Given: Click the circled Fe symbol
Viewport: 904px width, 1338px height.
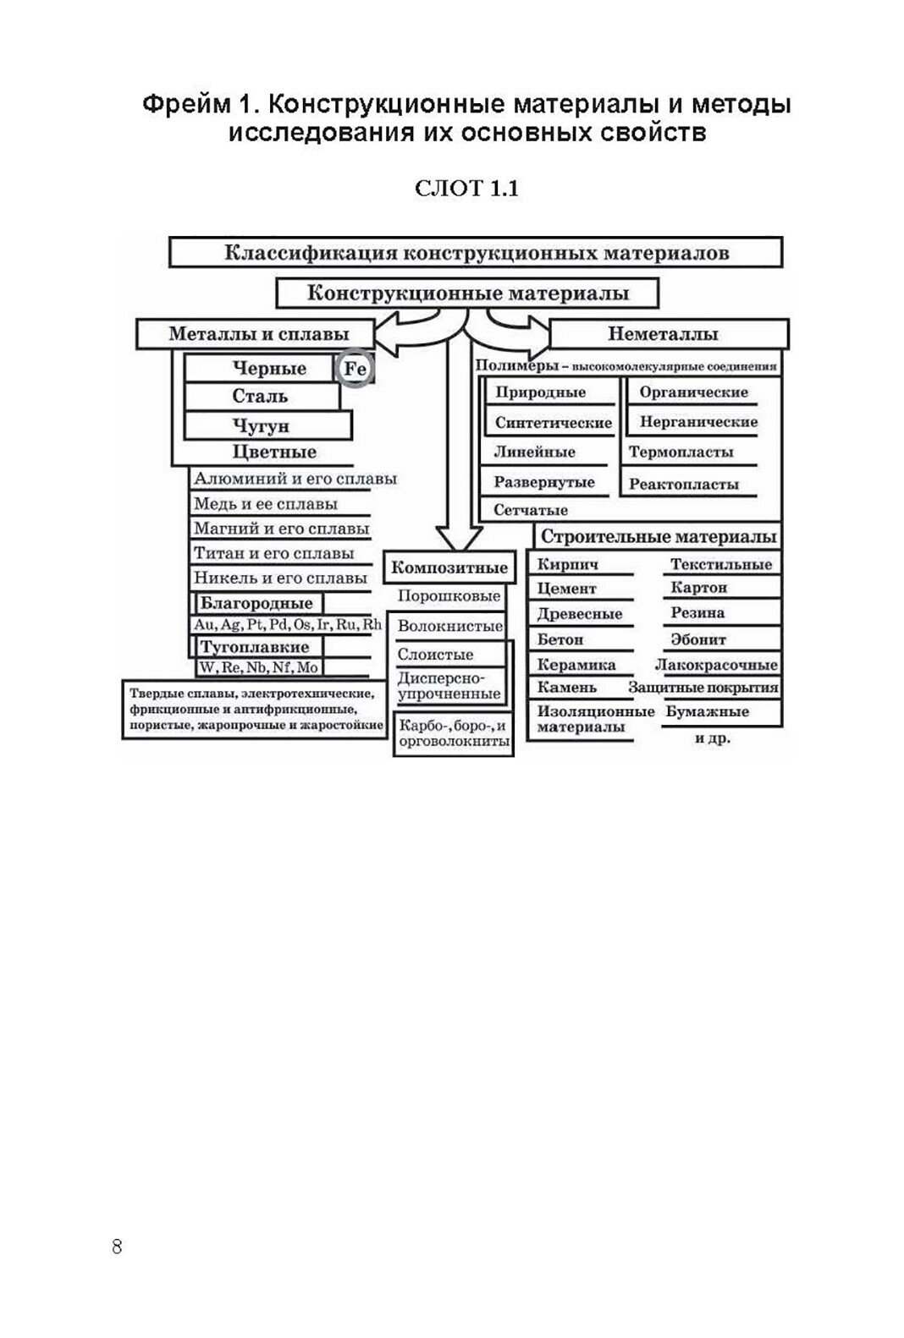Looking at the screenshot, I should (x=356, y=369).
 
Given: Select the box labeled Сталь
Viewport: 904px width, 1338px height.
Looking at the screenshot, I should (x=261, y=396).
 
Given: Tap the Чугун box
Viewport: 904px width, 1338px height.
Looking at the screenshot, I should (x=267, y=425).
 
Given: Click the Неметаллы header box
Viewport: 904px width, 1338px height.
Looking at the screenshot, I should (x=669, y=334).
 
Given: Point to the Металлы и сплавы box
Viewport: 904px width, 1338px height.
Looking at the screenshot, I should (x=258, y=334).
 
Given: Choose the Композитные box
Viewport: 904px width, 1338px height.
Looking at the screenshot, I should (x=449, y=567).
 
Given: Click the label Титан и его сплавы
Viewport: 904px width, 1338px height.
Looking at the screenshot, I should (x=273, y=554).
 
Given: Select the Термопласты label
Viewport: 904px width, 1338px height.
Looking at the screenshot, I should (x=681, y=452).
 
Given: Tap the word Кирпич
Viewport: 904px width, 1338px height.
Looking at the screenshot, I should (x=568, y=564).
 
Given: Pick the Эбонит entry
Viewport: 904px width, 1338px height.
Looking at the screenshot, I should (x=698, y=639).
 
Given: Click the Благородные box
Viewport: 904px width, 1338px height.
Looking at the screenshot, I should (x=256, y=603).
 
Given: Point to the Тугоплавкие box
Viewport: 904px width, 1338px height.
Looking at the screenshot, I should (x=254, y=648).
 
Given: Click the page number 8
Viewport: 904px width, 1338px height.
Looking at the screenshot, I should (x=117, y=1248).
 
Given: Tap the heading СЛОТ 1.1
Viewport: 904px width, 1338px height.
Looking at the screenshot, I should (x=466, y=189).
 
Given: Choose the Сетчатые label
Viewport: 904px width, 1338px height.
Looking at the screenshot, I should (x=531, y=510).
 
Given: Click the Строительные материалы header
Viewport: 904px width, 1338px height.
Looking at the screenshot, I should (x=659, y=536).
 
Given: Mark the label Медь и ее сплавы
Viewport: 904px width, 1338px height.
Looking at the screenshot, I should (x=266, y=504).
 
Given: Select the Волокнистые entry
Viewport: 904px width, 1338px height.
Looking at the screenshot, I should (x=449, y=627).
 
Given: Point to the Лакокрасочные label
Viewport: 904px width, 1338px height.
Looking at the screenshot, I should (x=716, y=665).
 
